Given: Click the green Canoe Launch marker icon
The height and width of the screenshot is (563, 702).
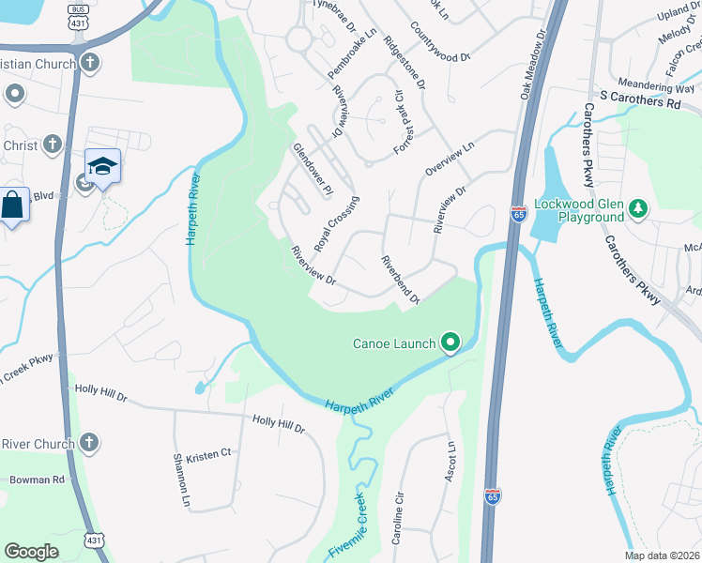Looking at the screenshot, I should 450,343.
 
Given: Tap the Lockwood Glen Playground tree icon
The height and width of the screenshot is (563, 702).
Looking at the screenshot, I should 638,208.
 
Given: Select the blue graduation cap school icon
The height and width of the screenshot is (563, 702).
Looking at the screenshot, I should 102,167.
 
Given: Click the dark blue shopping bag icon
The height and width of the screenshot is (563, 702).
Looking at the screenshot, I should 14,204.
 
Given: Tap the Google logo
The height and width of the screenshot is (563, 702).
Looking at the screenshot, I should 31,552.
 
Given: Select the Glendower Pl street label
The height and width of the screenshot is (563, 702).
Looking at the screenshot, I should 313,170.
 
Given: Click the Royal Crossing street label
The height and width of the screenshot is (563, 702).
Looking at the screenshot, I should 337,223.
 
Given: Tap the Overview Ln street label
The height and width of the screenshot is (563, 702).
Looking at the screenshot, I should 450,158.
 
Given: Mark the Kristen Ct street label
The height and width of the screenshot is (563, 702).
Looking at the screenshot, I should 208,455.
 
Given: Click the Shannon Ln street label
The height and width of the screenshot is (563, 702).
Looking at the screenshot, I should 184,479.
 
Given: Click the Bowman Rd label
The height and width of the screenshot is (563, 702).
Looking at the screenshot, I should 37,479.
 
